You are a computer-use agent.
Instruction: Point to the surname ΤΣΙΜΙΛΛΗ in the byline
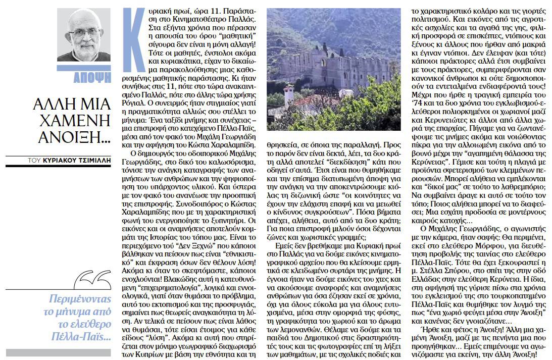[x=94, y=161]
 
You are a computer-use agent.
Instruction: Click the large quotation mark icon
[x=92, y=279]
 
